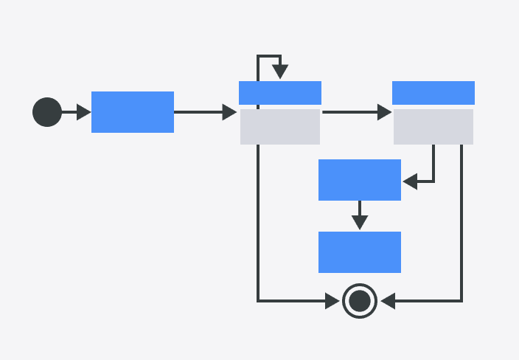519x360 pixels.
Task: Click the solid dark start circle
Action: pos(47,112)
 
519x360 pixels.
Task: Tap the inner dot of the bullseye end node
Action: pos(360,301)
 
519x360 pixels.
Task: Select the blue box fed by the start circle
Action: pos(133,112)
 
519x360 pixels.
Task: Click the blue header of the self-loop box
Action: pos(280,93)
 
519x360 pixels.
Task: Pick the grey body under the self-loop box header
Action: pos(280,127)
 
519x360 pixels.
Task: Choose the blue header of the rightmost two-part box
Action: pos(433,93)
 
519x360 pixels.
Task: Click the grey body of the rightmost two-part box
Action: pos(433,127)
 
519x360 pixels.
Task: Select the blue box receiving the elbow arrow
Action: pos(360,180)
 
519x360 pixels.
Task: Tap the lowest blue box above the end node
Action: pos(360,252)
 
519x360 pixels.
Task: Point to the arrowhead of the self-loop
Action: pos(280,72)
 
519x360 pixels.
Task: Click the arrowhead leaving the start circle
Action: pos(83,112)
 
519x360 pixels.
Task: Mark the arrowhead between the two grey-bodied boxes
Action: pos(384,112)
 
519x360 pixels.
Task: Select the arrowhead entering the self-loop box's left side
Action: pos(229,112)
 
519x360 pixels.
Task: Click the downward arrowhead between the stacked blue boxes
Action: pos(360,222)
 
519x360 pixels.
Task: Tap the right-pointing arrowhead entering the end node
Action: pos(333,301)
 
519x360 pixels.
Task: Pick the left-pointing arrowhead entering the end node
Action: pos(389,301)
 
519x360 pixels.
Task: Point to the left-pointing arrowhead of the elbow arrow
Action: pos(410,180)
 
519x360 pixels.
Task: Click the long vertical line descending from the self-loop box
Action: pos(258,221)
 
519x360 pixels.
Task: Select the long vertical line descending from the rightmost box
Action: pos(461,221)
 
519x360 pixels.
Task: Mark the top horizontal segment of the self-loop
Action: pos(269,56)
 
